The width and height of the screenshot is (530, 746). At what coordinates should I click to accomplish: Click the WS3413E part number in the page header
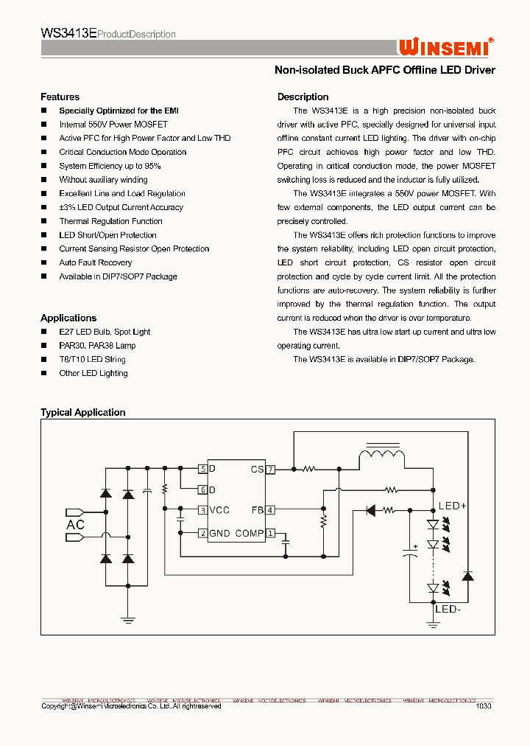click(x=68, y=33)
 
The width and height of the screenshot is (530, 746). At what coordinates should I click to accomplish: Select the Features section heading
click(x=60, y=97)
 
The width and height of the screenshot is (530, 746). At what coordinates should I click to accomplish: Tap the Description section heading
click(x=303, y=97)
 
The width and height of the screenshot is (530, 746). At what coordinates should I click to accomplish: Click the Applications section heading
click(x=68, y=318)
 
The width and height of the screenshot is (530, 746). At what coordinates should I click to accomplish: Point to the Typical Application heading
click(x=83, y=413)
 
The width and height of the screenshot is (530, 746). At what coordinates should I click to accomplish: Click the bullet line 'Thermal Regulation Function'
click(x=110, y=221)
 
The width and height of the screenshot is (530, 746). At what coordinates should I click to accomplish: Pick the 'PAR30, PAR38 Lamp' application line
click(x=97, y=346)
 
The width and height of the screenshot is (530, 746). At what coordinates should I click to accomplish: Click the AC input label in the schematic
click(x=76, y=525)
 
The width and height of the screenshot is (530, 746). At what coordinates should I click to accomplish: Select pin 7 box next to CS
click(x=271, y=469)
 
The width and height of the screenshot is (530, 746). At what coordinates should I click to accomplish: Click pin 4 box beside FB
click(x=271, y=509)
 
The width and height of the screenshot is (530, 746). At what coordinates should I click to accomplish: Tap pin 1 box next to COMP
click(x=271, y=533)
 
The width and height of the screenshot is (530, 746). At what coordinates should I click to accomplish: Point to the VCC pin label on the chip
click(x=219, y=510)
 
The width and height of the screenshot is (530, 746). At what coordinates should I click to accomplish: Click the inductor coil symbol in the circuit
click(x=381, y=459)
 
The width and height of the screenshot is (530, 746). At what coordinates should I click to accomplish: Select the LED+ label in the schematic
click(x=453, y=506)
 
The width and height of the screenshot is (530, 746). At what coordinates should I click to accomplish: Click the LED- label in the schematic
click(x=448, y=609)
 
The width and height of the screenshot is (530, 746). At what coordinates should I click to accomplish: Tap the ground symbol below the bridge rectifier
click(x=128, y=620)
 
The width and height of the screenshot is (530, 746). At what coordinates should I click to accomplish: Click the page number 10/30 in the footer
click(x=484, y=706)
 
